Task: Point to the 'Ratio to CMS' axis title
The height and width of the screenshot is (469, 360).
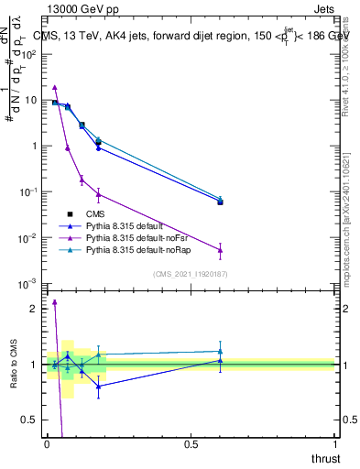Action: (15, 366)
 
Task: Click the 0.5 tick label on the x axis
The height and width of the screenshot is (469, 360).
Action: (191, 444)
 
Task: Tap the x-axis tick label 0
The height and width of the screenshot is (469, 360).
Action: (47, 444)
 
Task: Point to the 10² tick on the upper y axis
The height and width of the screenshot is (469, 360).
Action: (29, 54)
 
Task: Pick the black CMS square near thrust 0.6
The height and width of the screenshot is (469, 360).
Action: (220, 202)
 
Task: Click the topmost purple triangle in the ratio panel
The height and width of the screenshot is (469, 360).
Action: (54, 301)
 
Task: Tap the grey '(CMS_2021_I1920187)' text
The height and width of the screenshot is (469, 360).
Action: (191, 274)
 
